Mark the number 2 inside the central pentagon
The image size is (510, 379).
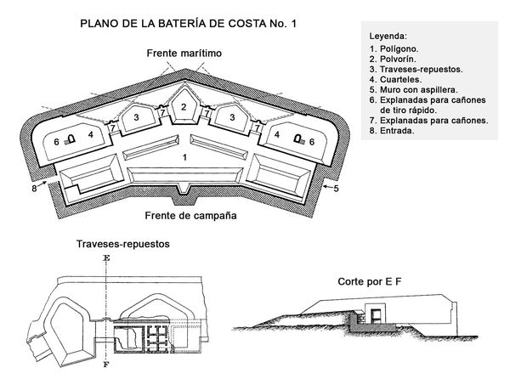[x=183, y=106]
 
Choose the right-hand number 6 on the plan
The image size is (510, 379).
[x=312, y=141]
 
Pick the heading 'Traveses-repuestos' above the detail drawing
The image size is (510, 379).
[x=123, y=244]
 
